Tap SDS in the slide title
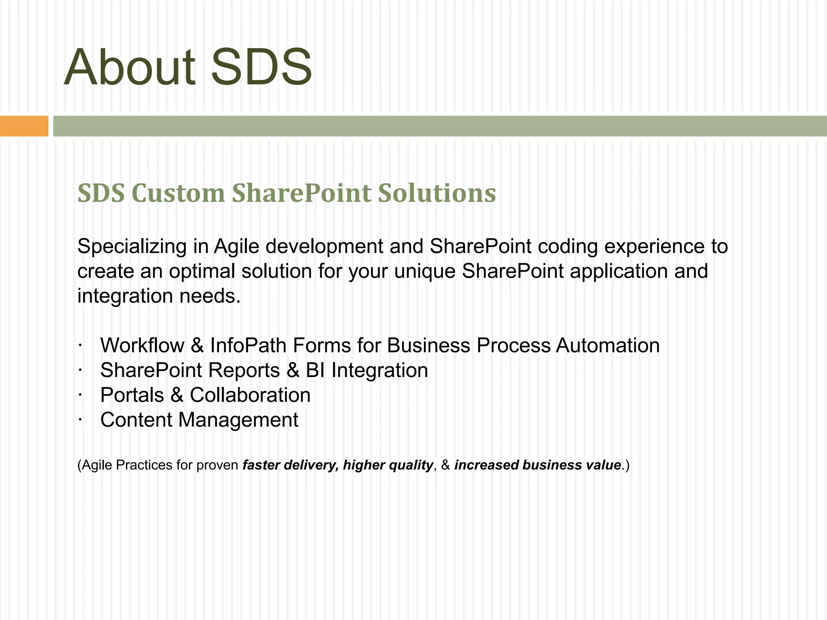[x=261, y=68]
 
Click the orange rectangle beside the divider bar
[x=24, y=126]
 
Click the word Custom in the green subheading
[x=178, y=193]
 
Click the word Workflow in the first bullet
[x=142, y=346]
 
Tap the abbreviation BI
[x=315, y=371]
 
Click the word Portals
[x=132, y=395]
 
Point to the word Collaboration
[x=250, y=395]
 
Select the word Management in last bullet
[x=238, y=420]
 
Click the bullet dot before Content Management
[x=80, y=419]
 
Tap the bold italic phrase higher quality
[x=388, y=465]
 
